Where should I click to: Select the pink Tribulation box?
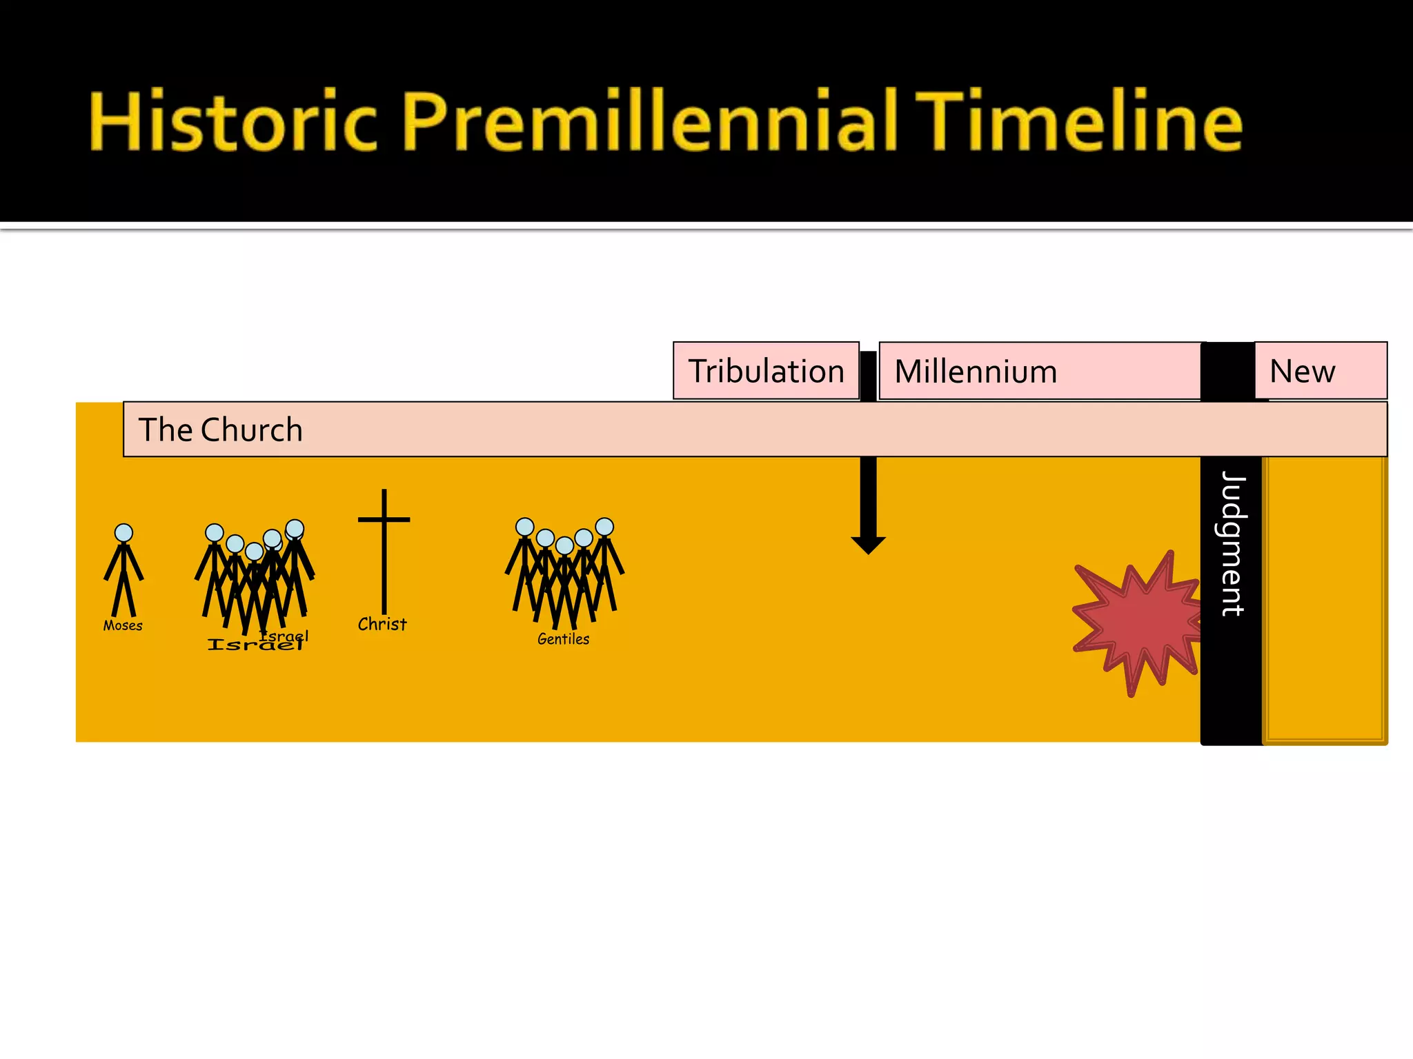pyautogui.click(x=766, y=371)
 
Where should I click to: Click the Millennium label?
pyautogui.click(x=976, y=372)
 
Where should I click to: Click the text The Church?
pyautogui.click(x=221, y=430)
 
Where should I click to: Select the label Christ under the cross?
pyautogui.click(x=382, y=624)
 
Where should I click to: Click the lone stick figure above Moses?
pyautogui.click(x=123, y=572)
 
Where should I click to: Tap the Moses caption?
pyautogui.click(x=123, y=625)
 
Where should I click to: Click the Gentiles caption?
pyautogui.click(x=563, y=639)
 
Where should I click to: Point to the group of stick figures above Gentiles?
pyautogui.click(x=564, y=572)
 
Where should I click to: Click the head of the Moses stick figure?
pyautogui.click(x=123, y=532)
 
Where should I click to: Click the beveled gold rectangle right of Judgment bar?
pyautogui.click(x=1325, y=600)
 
